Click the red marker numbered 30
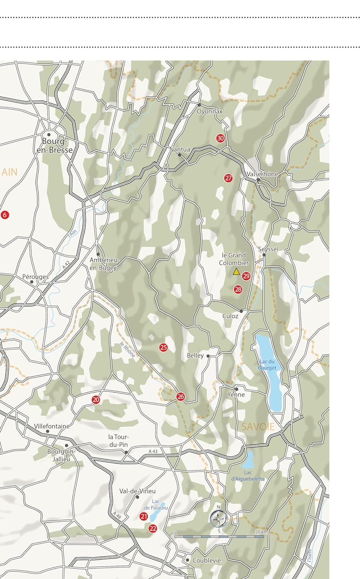(220, 138)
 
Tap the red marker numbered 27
(228, 178)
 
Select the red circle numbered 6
(5, 215)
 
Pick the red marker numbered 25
(164, 348)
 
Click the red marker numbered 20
(96, 400)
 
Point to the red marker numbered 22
(153, 528)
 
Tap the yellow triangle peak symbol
(236, 272)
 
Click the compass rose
(218, 519)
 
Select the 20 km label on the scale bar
(261, 532)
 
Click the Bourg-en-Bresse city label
(55, 146)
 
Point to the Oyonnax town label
(210, 112)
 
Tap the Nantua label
(180, 149)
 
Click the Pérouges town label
(35, 277)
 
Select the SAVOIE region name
(258, 427)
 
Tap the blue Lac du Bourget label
(267, 365)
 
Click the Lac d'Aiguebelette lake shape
(249, 459)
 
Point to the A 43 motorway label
(153, 451)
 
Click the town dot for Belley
(208, 356)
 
